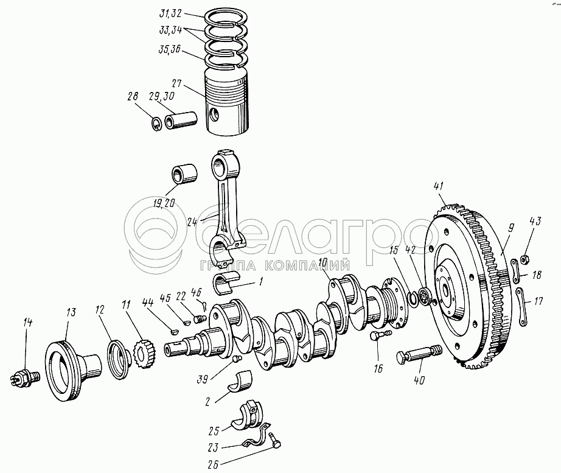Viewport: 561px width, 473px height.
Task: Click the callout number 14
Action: click(x=27, y=323)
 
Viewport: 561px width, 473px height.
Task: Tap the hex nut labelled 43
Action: click(x=524, y=258)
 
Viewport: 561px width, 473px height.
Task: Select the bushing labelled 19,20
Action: click(x=186, y=174)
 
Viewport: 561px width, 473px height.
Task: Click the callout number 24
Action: click(x=192, y=222)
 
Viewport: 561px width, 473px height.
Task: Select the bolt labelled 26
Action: click(x=276, y=440)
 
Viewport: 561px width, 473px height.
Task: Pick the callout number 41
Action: click(x=439, y=187)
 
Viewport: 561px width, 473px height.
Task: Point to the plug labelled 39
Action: click(x=237, y=358)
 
